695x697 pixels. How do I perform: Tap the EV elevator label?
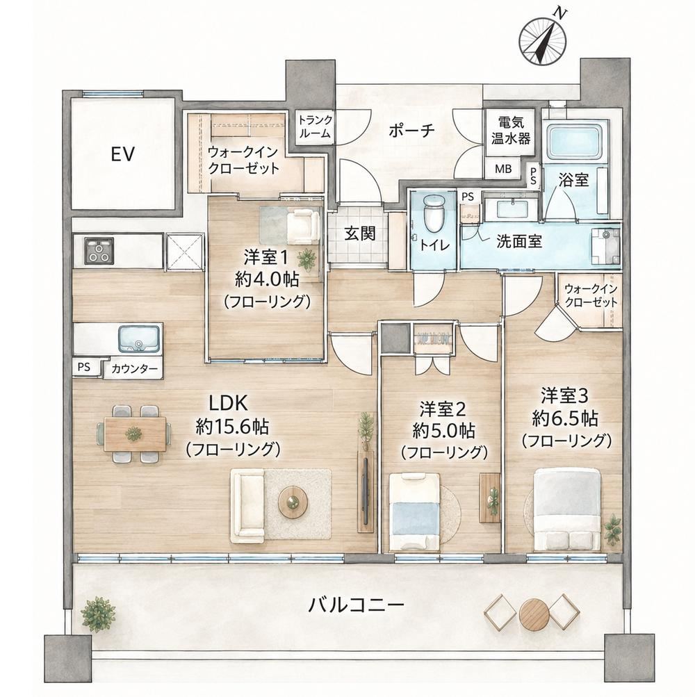point(122,154)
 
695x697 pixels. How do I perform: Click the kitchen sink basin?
point(139,338)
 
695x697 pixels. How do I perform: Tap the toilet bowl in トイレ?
point(434,215)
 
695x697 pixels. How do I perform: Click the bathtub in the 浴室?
point(575,139)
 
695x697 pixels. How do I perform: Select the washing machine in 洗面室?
point(605,245)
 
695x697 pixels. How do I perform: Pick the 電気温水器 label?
point(511,130)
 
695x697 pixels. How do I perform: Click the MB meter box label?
point(503,168)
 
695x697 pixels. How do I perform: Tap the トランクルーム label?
point(315,126)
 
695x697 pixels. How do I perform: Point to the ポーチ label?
point(411,131)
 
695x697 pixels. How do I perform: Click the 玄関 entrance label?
point(360,233)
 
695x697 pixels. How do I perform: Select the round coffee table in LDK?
point(293,502)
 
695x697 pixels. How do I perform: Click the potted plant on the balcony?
point(98,614)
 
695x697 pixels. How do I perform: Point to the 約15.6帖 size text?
point(232,427)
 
